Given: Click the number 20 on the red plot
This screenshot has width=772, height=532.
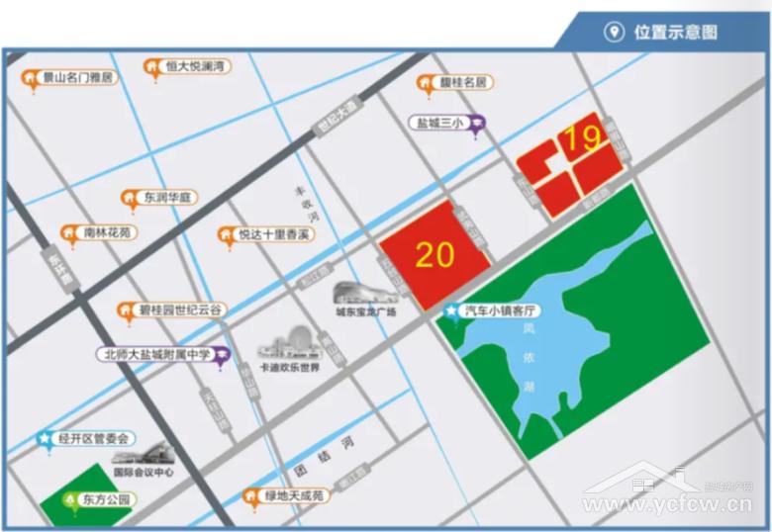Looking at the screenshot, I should (x=435, y=254).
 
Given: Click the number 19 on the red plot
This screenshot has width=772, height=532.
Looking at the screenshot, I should (x=582, y=138).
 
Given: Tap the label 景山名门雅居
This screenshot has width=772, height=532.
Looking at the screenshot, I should (x=77, y=76).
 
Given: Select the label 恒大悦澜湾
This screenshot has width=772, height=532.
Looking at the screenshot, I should (x=195, y=66).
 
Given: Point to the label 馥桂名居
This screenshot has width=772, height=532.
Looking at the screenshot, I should (x=463, y=83).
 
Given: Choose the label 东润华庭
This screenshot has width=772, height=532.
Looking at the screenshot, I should (x=169, y=197).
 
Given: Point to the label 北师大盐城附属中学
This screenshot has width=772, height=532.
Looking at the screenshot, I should (x=157, y=354).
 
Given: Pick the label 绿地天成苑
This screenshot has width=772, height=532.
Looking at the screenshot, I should (x=295, y=494).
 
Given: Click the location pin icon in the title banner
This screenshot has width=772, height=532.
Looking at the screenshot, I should (x=614, y=32).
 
